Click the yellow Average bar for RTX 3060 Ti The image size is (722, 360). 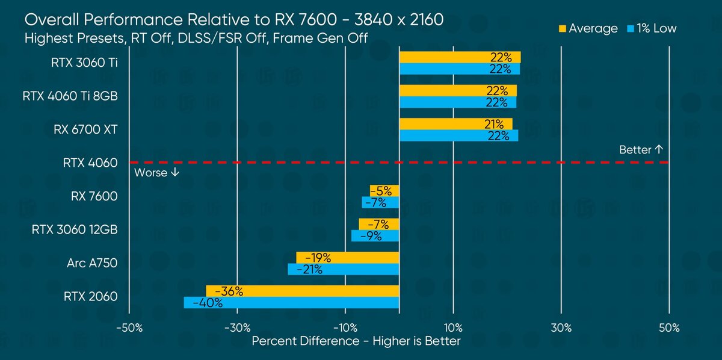coord(460,57)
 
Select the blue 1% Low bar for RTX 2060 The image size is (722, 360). coord(291,303)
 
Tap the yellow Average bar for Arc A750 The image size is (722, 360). coord(347,258)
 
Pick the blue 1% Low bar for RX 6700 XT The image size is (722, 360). coord(458,136)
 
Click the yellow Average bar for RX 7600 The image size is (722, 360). coord(384,191)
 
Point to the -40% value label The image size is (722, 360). coord(208,303)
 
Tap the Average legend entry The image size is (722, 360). coord(588,28)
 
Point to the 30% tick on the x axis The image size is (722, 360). coord(561,328)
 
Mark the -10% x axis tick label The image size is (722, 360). coord(345,328)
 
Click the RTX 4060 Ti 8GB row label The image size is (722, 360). coord(70,96)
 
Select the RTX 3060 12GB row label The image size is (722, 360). coord(74,229)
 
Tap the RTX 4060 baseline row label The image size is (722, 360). coord(90,163)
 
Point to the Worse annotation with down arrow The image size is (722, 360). coord(156,172)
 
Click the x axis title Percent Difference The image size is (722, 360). coord(356,341)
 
